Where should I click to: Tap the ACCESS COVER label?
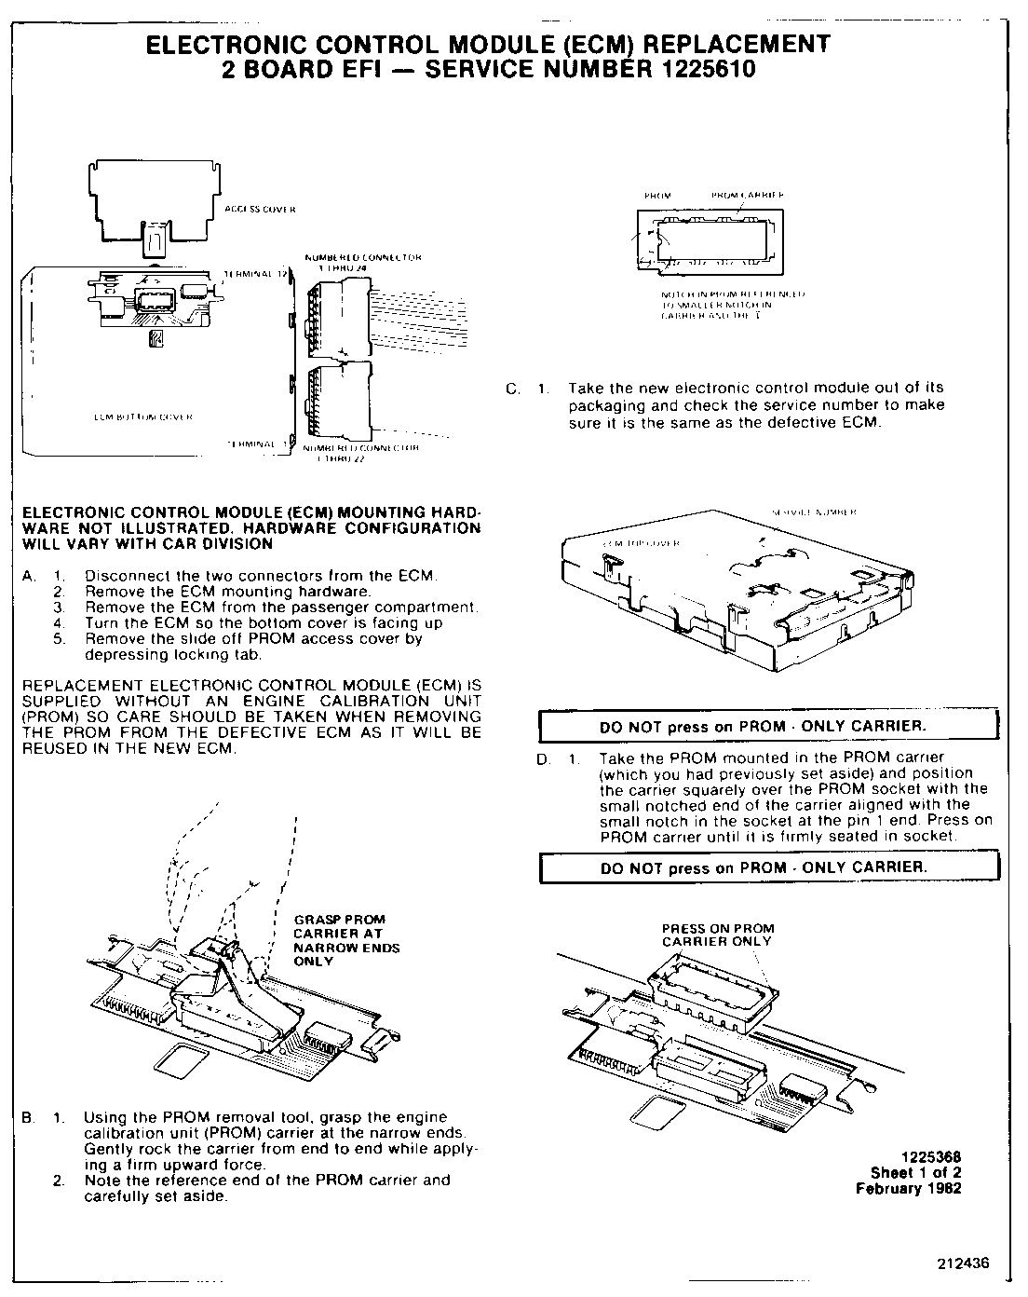pos(260,210)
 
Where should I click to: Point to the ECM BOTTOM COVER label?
pos(143,416)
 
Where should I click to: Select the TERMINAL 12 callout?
pos(255,274)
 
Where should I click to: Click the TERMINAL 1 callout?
pos(256,444)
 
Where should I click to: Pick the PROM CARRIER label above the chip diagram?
pos(748,195)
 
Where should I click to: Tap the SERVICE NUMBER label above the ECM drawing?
pos(815,512)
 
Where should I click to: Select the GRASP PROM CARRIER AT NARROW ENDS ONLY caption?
pos(345,939)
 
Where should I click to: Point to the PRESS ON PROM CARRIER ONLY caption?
pos(717,935)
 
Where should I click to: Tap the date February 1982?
pos(908,1188)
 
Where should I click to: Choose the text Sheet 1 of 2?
pos(915,1173)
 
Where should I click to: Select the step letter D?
pos(543,759)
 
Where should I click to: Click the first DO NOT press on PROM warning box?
pos(768,726)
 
